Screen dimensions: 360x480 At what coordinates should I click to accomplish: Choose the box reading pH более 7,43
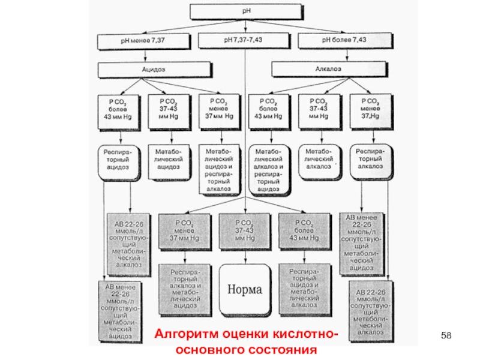pyautogui.click(x=343, y=40)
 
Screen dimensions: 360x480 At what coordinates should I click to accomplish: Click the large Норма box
pyautogui.click(x=244, y=289)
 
